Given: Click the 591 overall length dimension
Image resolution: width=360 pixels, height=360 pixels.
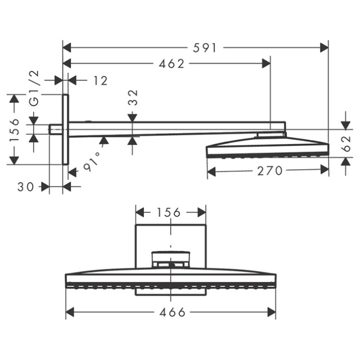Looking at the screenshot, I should [205, 48].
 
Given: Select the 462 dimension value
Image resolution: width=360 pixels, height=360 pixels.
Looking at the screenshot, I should [172, 64].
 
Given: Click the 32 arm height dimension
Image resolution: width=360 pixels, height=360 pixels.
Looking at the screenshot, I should [133, 97].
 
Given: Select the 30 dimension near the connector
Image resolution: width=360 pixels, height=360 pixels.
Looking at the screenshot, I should [26, 186].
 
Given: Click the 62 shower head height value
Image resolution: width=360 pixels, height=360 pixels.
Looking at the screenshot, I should [346, 142].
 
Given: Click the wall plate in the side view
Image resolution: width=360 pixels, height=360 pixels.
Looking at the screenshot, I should [65, 129].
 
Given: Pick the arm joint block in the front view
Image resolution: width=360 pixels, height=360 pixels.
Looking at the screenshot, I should [171, 258].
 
